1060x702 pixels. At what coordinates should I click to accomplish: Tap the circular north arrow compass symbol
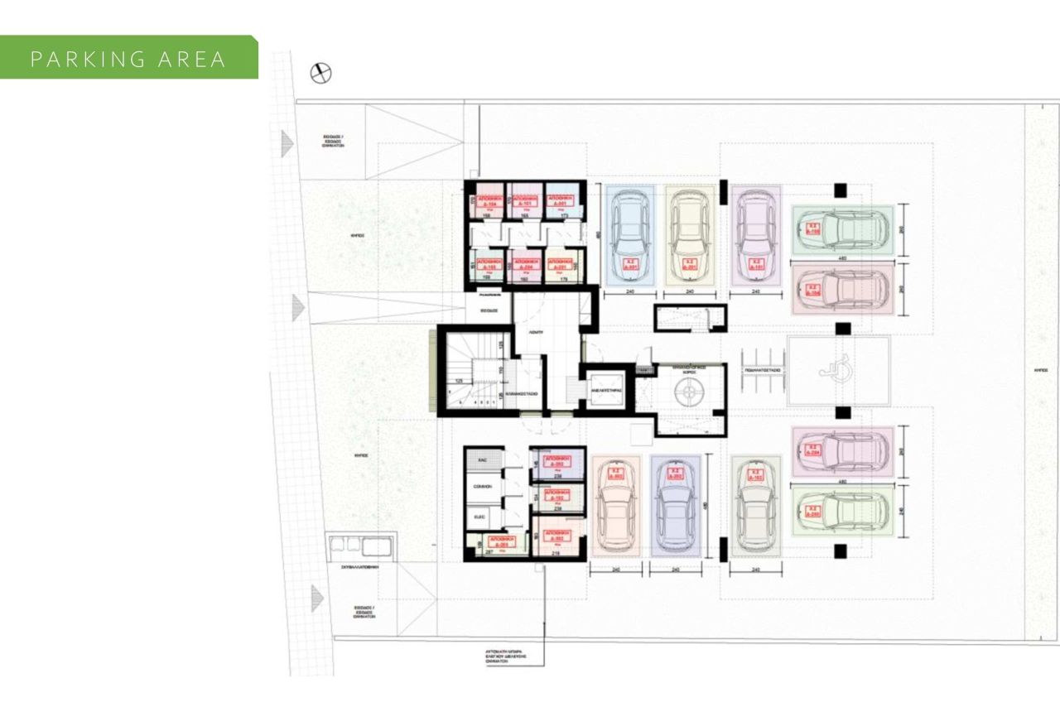[x=320, y=74]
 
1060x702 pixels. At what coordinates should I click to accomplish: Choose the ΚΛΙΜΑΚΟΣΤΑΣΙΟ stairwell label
[x=523, y=394]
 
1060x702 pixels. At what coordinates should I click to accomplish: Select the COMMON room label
[x=483, y=486]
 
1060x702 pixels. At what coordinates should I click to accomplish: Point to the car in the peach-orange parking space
[x=614, y=505]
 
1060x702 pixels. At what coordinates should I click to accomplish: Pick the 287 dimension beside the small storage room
[x=489, y=551]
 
